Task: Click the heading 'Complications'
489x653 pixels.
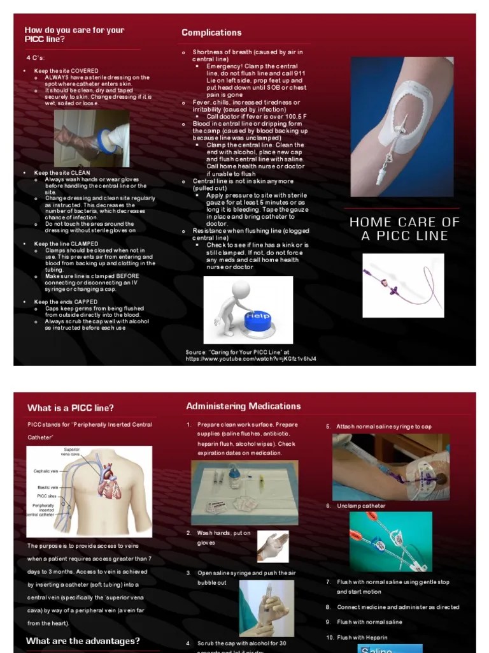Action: [x=211, y=33]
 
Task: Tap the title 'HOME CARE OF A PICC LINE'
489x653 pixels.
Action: [x=404, y=229]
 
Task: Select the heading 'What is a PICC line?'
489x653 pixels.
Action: [x=71, y=408]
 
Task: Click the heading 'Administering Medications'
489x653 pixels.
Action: [x=243, y=406]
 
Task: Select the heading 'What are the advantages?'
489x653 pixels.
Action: [x=83, y=641]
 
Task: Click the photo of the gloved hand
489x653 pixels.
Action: [x=273, y=547]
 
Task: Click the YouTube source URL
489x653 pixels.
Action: [x=250, y=359]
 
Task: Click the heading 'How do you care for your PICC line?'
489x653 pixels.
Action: [x=74, y=34]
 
